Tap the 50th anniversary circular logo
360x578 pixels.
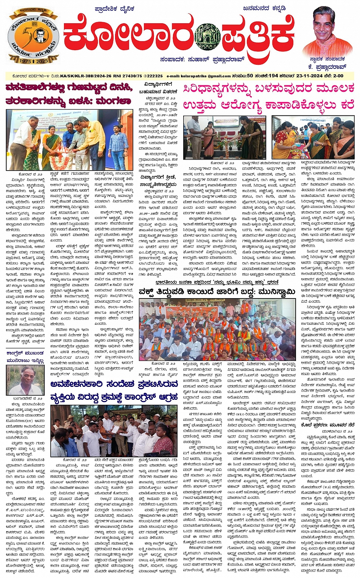pyautogui.click(x=34, y=37)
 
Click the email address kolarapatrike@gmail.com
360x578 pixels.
pyautogui.click(x=199, y=76)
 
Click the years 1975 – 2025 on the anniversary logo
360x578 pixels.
pyautogui.click(x=34, y=61)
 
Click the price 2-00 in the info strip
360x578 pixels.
pyautogui.click(x=338, y=76)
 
